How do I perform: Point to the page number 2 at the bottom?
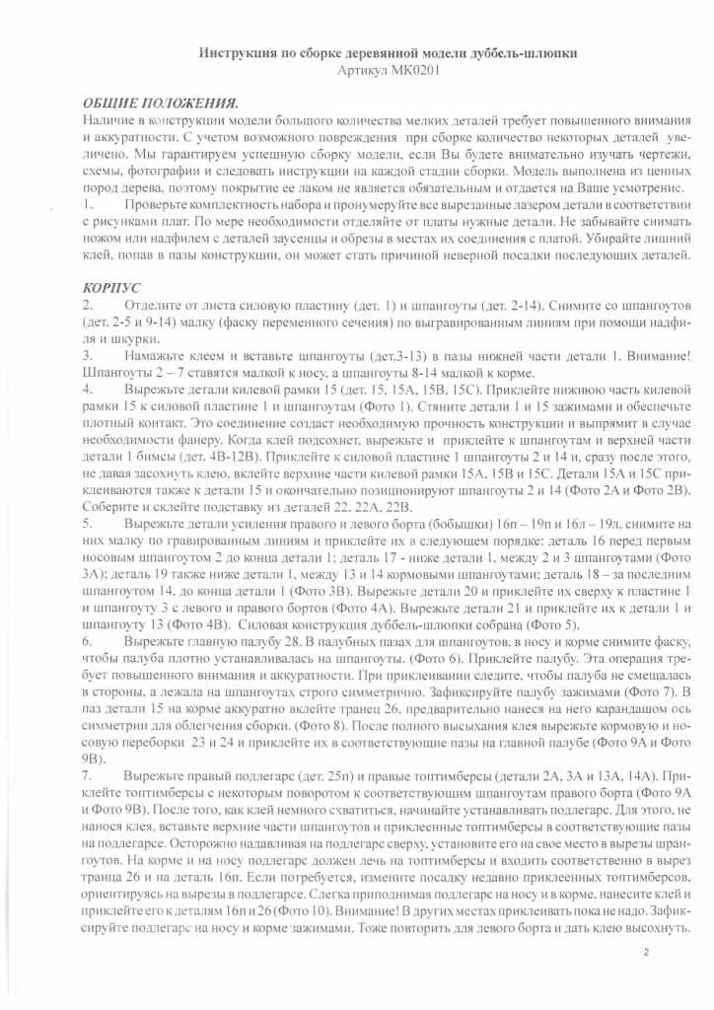click(646, 952)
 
